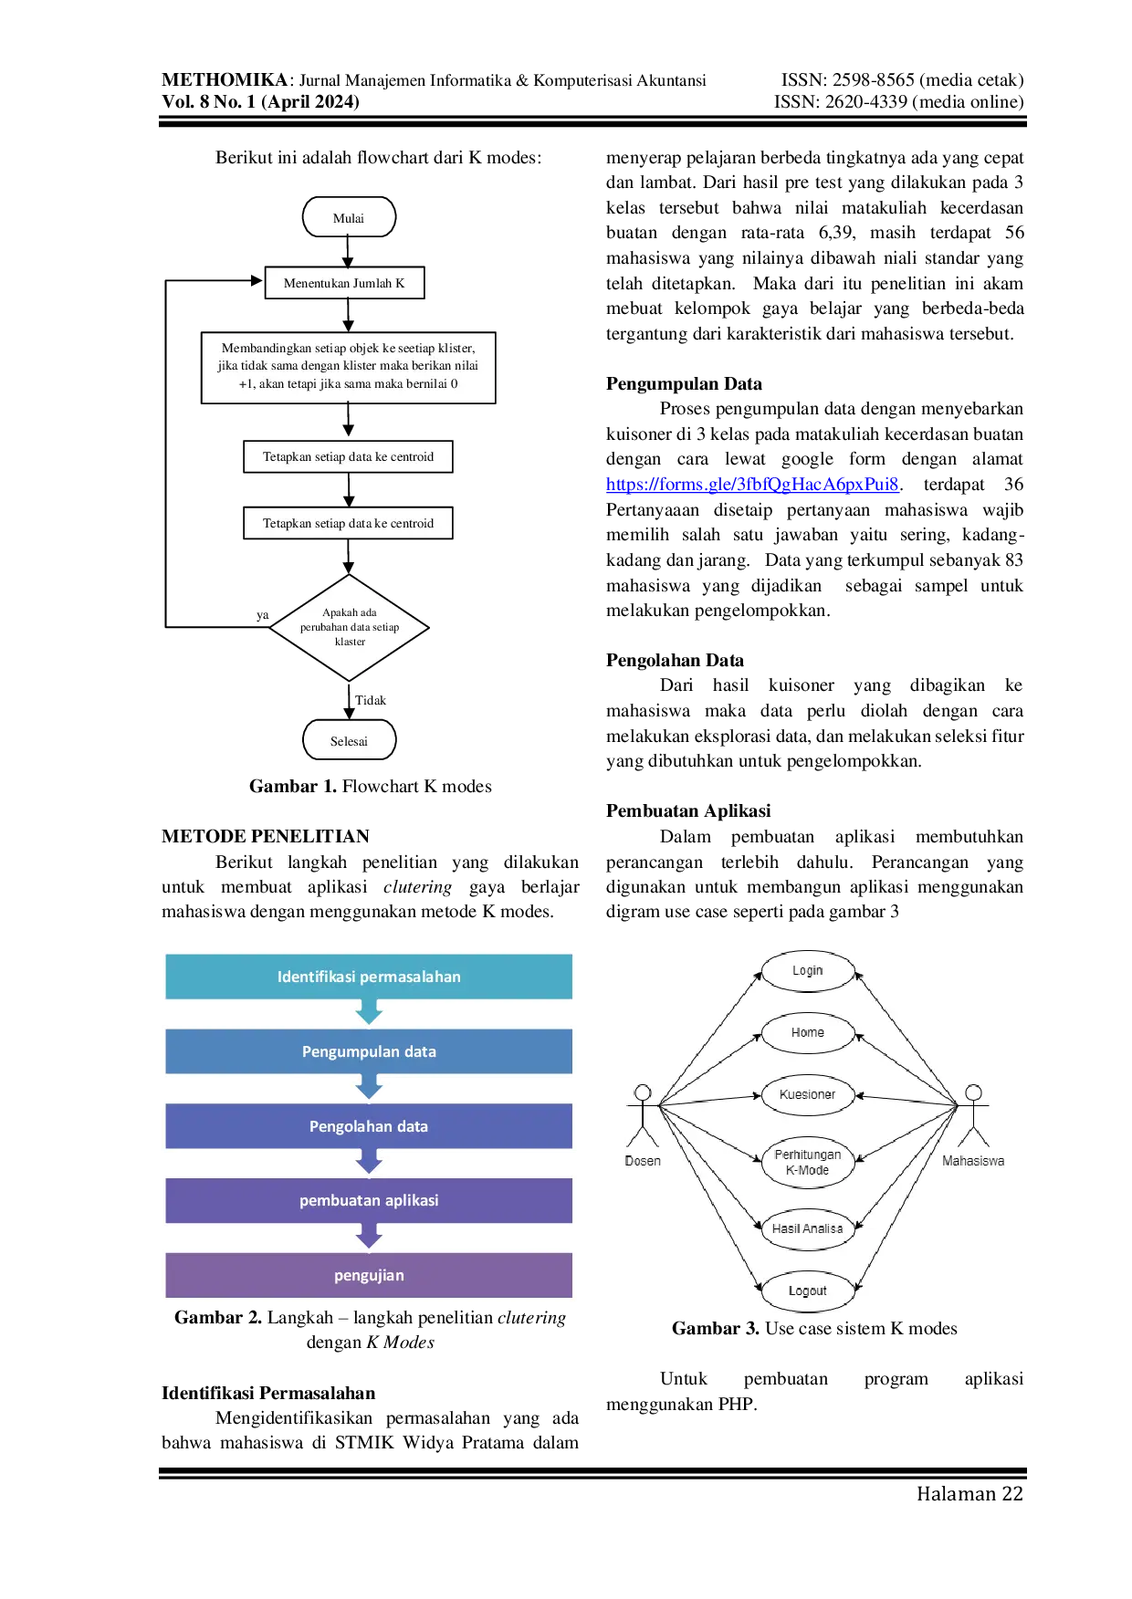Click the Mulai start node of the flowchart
349,217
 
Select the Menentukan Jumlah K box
344,283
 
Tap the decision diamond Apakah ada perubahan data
349,627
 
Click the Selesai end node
349,740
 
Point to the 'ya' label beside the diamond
263,615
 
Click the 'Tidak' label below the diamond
371,700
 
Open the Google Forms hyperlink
752,485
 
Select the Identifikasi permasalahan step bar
369,977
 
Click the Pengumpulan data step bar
369,1051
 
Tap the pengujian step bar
369,1275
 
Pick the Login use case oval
808,971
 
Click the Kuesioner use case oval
808,1094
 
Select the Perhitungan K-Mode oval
808,1163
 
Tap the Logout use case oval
808,1291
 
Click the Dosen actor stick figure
643,1115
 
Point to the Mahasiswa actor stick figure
974,1115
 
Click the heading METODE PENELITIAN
266,836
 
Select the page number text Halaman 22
970,1494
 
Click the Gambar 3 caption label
716,1329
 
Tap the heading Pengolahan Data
675,661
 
